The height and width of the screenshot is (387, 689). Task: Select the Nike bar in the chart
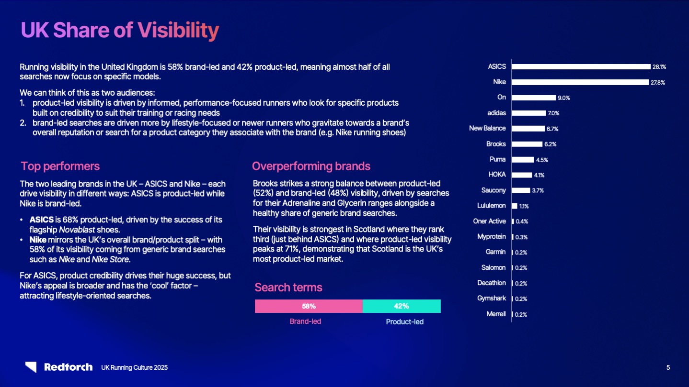tap(580, 82)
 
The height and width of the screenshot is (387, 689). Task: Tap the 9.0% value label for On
tap(563, 98)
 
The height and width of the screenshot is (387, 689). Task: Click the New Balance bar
tap(528, 129)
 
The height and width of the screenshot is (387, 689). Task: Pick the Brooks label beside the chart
tap(496, 144)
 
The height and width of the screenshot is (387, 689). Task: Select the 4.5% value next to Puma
tap(542, 160)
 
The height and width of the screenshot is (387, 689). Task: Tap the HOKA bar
tap(522, 175)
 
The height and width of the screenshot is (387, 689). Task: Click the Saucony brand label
tap(494, 190)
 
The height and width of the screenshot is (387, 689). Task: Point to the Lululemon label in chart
tap(492, 206)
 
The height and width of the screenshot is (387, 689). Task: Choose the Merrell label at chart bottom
tap(495, 314)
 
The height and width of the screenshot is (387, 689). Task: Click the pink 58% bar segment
tap(309, 306)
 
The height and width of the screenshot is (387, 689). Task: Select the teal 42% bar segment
tap(402, 306)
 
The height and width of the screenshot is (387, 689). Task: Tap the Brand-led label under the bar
tap(305, 321)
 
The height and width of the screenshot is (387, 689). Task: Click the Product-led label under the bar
tap(405, 322)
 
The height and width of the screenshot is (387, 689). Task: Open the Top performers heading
tap(60, 166)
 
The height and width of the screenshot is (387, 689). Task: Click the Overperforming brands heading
tap(311, 166)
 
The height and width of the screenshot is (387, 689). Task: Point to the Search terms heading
tap(288, 287)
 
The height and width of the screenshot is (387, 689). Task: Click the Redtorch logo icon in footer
tap(31, 367)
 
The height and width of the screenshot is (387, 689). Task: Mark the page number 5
tap(668, 367)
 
